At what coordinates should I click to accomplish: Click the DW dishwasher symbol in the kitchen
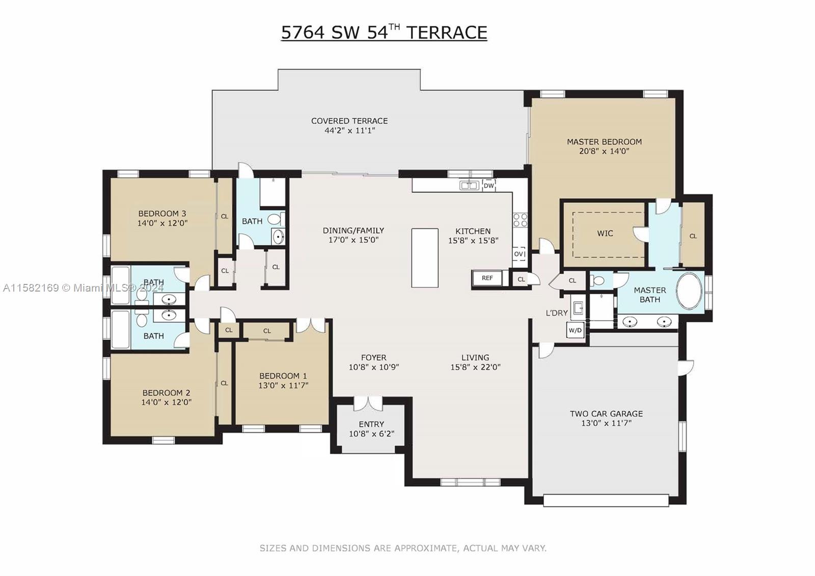[489, 186]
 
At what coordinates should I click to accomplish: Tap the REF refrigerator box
[487, 278]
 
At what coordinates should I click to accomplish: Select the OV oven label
[519, 254]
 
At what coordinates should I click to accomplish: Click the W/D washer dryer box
[575, 330]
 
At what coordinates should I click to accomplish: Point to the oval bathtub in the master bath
[689, 291]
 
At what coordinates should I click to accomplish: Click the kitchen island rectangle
[424, 258]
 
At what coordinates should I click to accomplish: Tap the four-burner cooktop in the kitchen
[520, 220]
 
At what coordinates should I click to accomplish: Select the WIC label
[605, 233]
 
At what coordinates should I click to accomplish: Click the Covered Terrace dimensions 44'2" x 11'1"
[349, 130]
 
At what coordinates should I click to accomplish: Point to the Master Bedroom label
[604, 142]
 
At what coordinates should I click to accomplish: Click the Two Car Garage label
[606, 414]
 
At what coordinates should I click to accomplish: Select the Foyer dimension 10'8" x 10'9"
[373, 367]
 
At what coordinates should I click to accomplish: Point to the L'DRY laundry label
[556, 313]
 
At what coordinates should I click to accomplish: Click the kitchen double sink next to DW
[469, 186]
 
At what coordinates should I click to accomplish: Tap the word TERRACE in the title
[446, 33]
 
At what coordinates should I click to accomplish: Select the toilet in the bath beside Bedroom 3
[275, 220]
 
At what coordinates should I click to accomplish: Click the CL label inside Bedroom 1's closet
[267, 331]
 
